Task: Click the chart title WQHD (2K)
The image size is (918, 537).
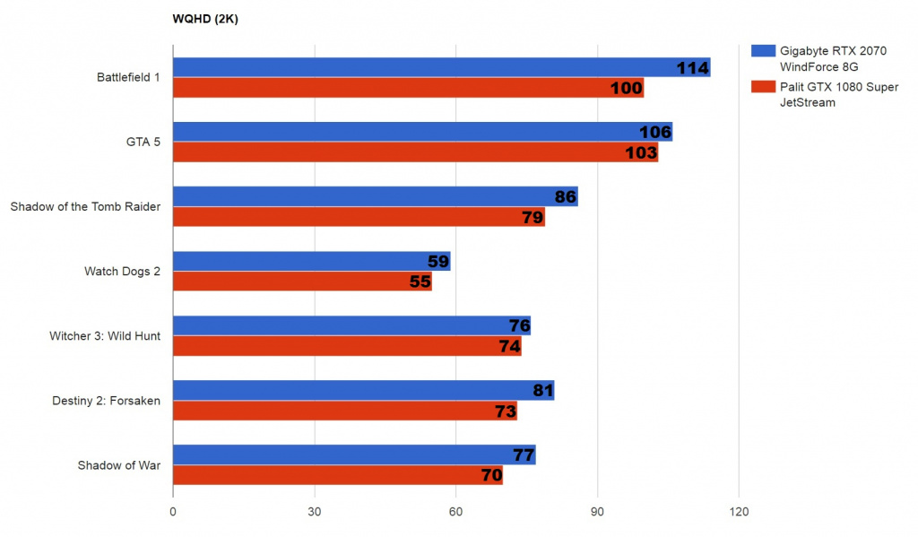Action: click(205, 18)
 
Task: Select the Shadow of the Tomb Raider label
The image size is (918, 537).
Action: click(85, 207)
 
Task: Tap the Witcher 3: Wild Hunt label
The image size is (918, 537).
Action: click(104, 336)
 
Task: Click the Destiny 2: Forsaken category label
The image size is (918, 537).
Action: click(106, 401)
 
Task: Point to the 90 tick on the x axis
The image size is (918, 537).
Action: click(597, 514)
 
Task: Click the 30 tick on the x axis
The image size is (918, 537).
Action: click(315, 514)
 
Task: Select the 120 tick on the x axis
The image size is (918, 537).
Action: click(739, 514)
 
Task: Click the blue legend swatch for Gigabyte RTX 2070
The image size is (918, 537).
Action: click(763, 51)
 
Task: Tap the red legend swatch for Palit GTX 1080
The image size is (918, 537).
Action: click(763, 87)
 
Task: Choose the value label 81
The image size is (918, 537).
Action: click(536, 391)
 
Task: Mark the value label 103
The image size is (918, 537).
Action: click(641, 153)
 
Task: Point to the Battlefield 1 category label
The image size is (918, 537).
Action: click(128, 77)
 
